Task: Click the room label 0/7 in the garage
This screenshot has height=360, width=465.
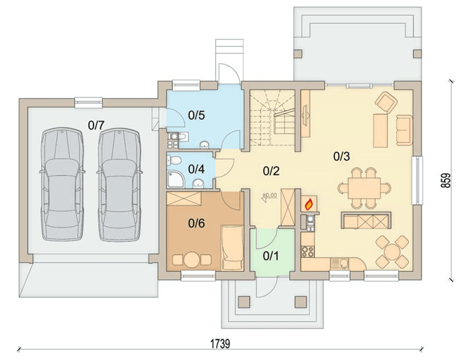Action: point(96,125)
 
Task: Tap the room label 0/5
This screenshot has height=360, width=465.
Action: point(196,115)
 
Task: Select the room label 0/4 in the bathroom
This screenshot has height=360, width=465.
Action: point(196,169)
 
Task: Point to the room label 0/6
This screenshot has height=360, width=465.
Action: point(196,223)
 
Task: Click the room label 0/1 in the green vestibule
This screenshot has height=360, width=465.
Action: point(271,256)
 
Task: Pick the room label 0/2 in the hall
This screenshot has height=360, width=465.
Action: point(271,171)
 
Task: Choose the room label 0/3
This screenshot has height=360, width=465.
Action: point(341,156)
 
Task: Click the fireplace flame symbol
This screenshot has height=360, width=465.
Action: point(309,204)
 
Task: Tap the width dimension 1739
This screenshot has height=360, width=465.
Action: point(220,344)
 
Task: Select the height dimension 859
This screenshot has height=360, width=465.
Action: point(446,180)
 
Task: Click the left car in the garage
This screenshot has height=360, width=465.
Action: point(62,184)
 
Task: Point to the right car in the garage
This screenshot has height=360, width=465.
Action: point(119,184)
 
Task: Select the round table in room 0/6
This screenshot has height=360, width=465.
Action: point(192,260)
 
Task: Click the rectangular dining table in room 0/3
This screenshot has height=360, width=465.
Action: point(364,188)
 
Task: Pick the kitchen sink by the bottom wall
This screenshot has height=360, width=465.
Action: point(341,263)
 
